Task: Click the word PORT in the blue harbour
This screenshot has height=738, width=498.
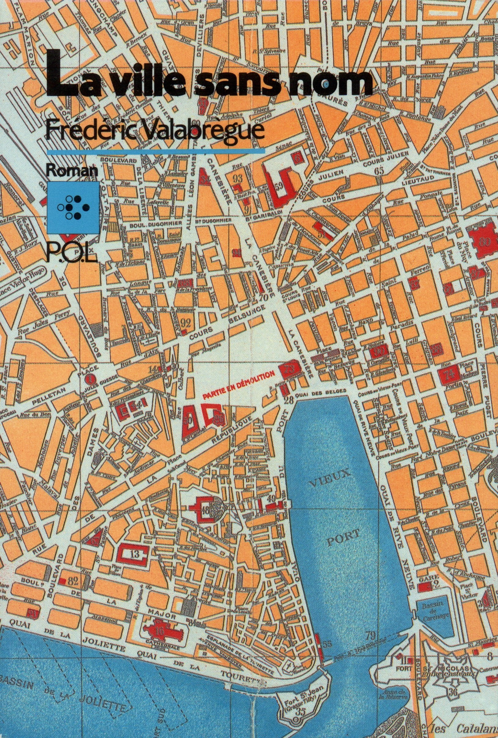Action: (x=341, y=540)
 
